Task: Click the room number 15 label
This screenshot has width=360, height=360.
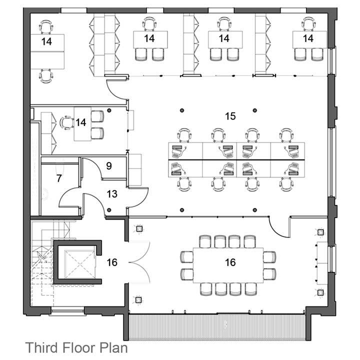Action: click(230, 116)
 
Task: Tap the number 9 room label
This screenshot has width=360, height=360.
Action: click(109, 166)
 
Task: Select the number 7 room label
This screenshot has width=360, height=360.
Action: click(59, 178)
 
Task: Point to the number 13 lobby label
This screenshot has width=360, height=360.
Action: click(112, 194)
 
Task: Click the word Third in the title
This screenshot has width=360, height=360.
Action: click(41, 347)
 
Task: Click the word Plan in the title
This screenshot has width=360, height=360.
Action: click(113, 347)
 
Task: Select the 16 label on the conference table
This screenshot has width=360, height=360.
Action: click(230, 262)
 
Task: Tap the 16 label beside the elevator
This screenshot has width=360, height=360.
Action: click(112, 262)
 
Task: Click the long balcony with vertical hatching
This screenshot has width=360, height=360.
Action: click(217, 327)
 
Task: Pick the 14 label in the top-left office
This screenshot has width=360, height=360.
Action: click(46, 41)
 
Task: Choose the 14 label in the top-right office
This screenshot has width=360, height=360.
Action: click(308, 38)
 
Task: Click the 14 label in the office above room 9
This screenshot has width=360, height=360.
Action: click(81, 122)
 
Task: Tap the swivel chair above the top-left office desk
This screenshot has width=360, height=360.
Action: click(46, 27)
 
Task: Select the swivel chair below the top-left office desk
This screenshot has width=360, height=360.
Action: click(46, 76)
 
